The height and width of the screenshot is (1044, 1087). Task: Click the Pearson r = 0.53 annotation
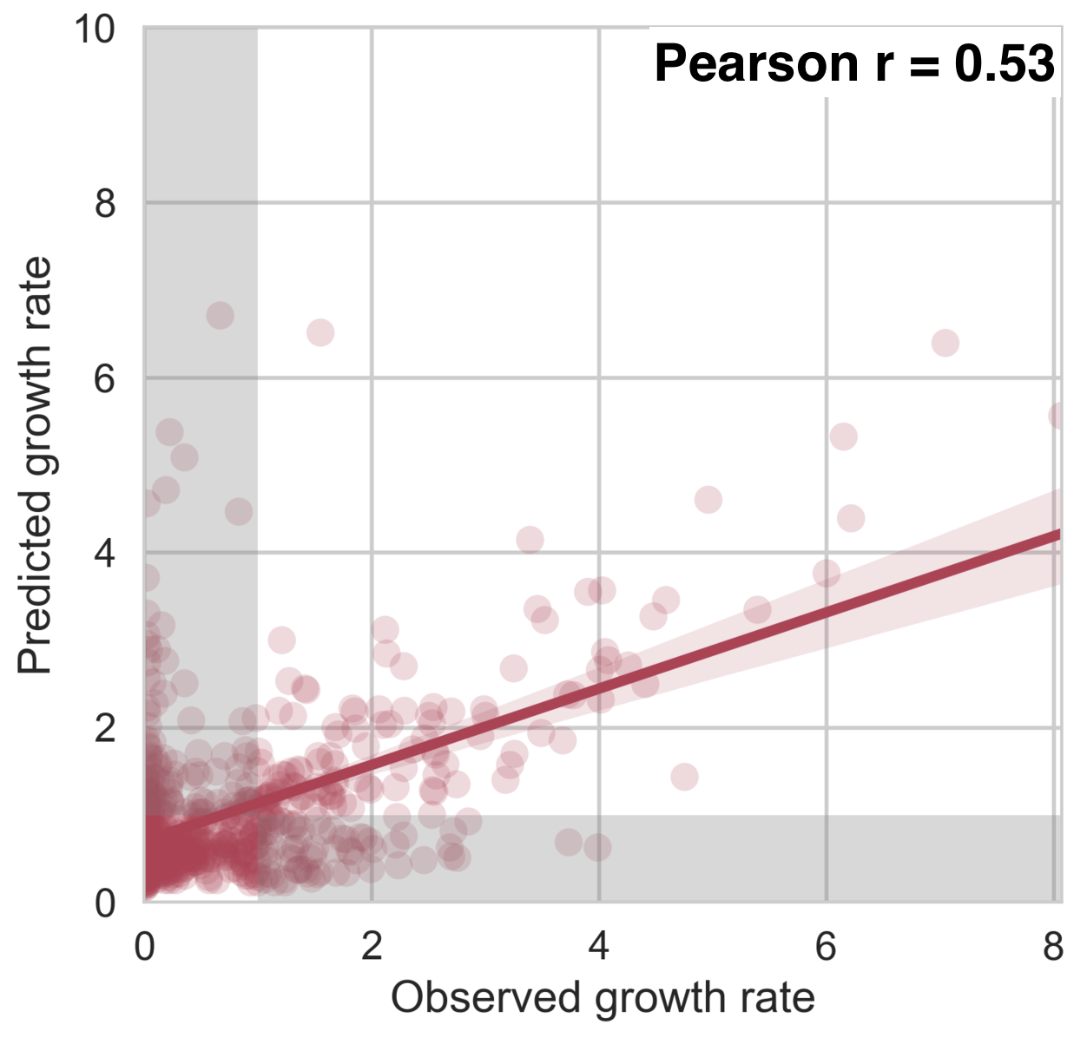[x=854, y=63]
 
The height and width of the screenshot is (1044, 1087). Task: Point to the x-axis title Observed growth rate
[x=603, y=997]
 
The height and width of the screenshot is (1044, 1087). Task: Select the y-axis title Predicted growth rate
[x=36, y=465]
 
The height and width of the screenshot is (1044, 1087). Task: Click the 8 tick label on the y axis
[x=105, y=204]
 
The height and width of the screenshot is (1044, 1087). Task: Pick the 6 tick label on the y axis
[x=105, y=378]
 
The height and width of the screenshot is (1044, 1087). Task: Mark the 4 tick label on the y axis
[x=105, y=554]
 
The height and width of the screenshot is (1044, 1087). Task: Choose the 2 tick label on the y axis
[x=105, y=728]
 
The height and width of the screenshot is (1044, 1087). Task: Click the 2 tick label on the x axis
[x=372, y=946]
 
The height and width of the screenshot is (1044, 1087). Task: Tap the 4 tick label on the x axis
[x=599, y=946]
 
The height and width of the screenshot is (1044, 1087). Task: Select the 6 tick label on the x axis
[x=826, y=946]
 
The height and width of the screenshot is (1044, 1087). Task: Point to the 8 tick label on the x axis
[x=1053, y=946]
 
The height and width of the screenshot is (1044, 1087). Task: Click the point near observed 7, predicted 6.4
[x=945, y=343]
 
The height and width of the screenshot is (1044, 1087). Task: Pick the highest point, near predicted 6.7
[x=220, y=315]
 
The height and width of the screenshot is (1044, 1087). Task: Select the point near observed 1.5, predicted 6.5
[x=320, y=332]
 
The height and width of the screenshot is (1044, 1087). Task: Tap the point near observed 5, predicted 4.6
[x=708, y=500]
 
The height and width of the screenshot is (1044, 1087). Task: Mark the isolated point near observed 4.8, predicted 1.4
[x=684, y=776]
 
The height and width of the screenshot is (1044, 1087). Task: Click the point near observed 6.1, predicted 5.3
[x=843, y=437]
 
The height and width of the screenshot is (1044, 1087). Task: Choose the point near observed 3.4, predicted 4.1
[x=530, y=540]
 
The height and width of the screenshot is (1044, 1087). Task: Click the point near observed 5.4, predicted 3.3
[x=757, y=610]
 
